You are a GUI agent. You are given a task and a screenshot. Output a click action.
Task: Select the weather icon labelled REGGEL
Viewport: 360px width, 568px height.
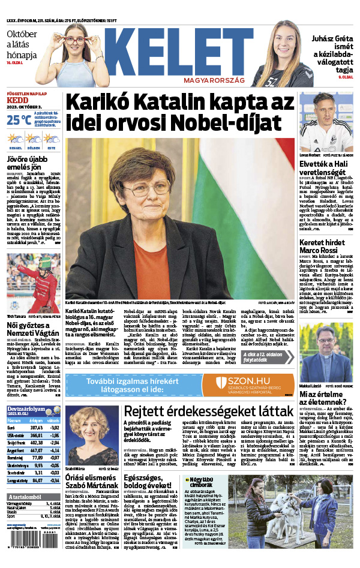click(15, 139)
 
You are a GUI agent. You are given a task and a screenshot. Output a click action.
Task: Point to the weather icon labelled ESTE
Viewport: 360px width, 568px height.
click(52, 139)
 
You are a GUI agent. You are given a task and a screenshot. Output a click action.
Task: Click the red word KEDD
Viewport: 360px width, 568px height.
click(16, 103)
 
